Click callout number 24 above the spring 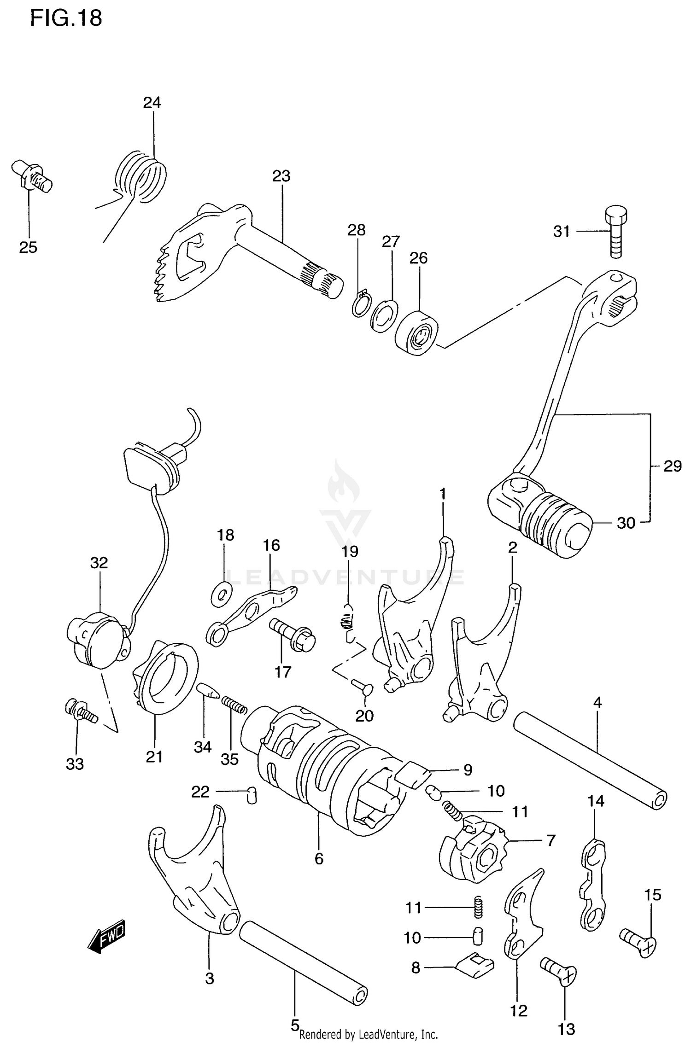[152, 102]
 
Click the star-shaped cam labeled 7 [474, 850]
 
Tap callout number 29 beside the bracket [672, 466]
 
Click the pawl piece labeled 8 [475, 966]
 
